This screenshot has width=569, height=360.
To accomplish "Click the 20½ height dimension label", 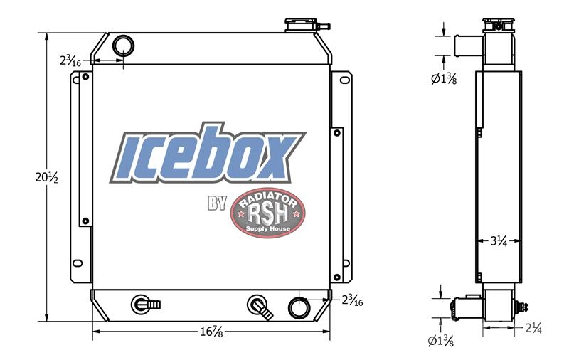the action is [46, 177].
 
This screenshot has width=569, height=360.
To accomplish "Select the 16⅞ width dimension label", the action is [211, 332].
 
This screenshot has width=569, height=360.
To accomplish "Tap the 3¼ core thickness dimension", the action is [499, 240].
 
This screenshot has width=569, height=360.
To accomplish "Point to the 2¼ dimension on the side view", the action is [534, 328].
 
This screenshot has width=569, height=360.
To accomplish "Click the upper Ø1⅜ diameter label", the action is [444, 79].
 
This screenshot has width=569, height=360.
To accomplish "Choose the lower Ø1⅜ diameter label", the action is [441, 341].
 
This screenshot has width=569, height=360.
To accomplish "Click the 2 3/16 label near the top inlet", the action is [70, 60].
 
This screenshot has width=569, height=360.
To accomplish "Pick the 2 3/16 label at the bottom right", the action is [352, 300].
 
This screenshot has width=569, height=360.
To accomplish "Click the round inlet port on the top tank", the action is [123, 46].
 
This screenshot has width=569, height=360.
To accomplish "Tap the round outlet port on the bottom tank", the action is [299, 308].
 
